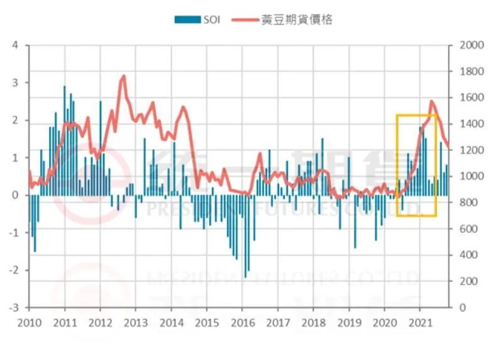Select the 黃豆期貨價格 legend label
coord(298,20)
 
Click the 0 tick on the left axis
coord(16,195)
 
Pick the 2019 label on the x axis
coord(349,323)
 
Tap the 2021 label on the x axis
coord(420,323)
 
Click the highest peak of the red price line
coord(123,76)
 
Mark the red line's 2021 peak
coord(431,101)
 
